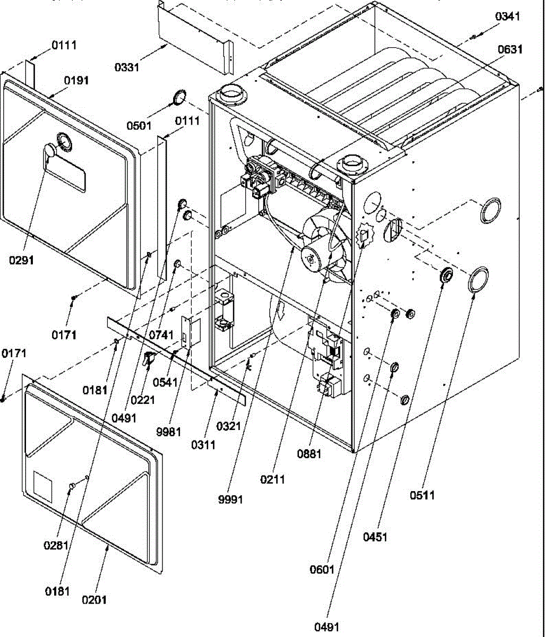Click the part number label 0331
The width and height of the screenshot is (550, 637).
[x=127, y=67]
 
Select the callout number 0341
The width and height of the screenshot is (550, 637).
[x=508, y=16]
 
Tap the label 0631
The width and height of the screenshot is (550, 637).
[x=510, y=49]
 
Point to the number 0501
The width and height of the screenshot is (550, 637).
[x=139, y=126]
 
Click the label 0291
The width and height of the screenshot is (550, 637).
[x=21, y=260]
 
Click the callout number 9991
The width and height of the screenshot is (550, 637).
[x=230, y=500]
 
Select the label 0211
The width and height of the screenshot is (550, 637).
[x=272, y=479]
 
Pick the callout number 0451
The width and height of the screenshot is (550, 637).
[x=375, y=537]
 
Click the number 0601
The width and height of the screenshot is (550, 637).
[x=322, y=570]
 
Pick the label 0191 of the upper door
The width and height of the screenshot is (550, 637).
[x=76, y=81]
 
